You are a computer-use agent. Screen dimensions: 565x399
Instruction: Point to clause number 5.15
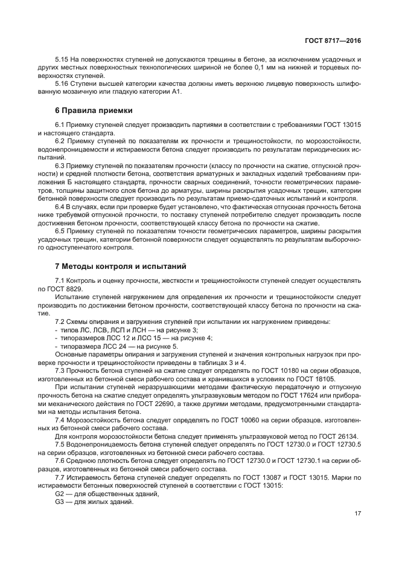coord(62,60)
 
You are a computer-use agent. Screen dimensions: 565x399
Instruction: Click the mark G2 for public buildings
coord(59,494)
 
